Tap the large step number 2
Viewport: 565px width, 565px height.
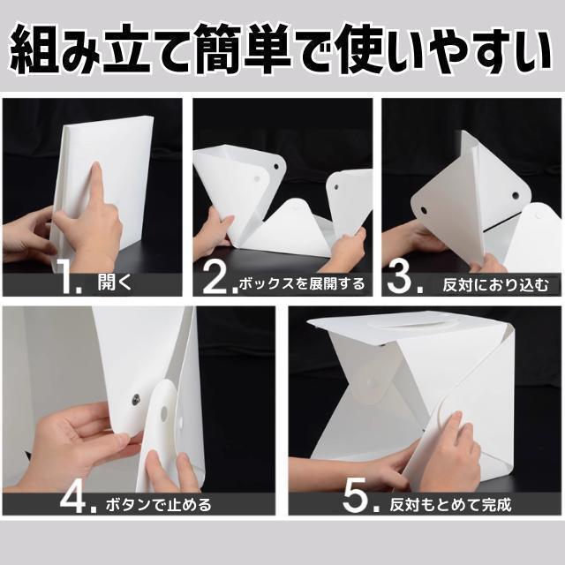(x=215, y=278)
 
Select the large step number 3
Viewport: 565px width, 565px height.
(x=399, y=278)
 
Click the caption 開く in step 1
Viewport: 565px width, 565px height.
(x=115, y=282)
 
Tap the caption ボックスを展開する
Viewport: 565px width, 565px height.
(x=302, y=283)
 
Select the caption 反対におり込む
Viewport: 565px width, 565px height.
(x=495, y=284)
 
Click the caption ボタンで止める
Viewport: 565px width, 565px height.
(x=158, y=504)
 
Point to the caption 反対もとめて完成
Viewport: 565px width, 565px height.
(x=450, y=504)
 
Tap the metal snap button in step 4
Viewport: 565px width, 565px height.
(x=136, y=398)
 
